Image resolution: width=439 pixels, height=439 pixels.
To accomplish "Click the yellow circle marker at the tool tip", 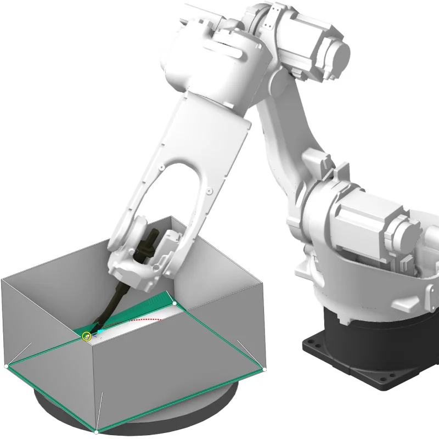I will pyautogui.click(x=86, y=336).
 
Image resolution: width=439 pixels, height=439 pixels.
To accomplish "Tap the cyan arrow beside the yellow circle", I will pyautogui.click(x=99, y=332).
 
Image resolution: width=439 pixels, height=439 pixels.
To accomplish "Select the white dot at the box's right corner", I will pyautogui.click(x=264, y=369).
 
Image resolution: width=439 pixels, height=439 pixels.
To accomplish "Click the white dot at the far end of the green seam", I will pyautogui.click(x=175, y=303).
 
